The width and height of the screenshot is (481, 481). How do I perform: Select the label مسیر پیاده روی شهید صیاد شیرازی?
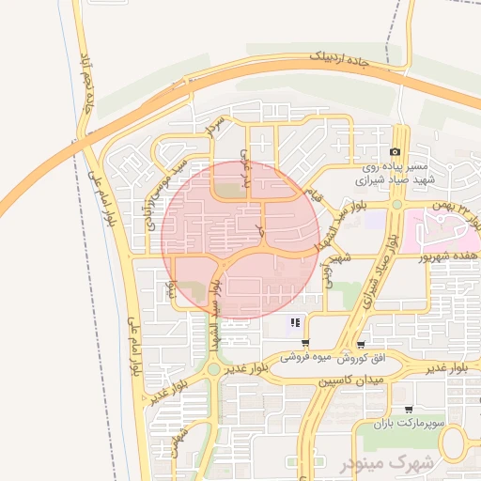385,169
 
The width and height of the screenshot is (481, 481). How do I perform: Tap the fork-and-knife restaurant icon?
295,323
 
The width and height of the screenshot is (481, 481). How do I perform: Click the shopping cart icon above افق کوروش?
361,344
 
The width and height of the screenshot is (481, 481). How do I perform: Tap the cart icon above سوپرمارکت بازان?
408,411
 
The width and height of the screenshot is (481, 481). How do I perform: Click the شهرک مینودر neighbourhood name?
396,464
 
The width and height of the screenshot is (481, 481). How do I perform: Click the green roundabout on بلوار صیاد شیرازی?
397,204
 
